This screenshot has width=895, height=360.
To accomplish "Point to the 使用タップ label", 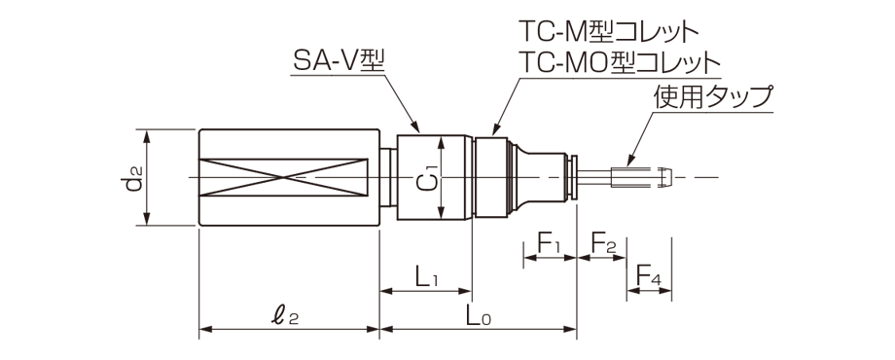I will pyautogui.click(x=713, y=97).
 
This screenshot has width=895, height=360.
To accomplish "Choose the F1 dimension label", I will pyautogui.click(x=550, y=243).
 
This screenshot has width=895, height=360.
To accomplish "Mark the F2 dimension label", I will pyautogui.click(x=603, y=243).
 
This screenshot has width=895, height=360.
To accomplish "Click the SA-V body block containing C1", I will pyautogui.click(x=435, y=177).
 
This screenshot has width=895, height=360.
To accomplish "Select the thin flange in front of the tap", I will pyautogui.click(x=576, y=177).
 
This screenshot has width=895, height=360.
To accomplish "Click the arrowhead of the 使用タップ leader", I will pyautogui.click(x=629, y=163).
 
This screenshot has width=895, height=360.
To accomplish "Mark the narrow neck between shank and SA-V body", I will pyautogui.click(x=388, y=177).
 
